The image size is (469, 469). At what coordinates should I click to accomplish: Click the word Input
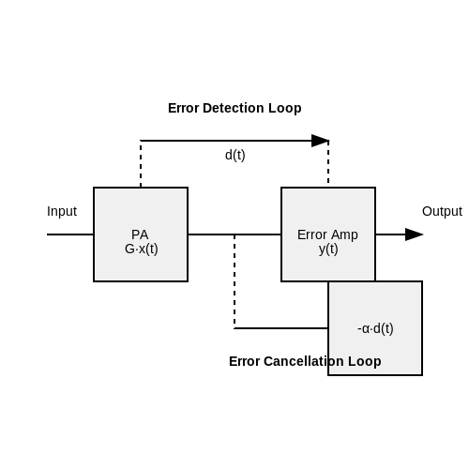point(62,212)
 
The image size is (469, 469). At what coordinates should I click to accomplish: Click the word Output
point(442,212)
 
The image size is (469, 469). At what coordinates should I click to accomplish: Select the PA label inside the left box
point(140,234)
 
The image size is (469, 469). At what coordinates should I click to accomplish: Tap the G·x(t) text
point(142,250)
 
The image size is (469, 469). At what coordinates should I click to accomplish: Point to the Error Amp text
point(327,234)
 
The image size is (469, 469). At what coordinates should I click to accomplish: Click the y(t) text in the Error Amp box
point(328,250)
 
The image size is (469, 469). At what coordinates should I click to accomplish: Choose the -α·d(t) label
point(375,328)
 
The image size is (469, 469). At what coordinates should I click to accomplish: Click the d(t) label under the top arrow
point(235,155)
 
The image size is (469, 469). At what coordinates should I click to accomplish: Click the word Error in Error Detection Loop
point(184,108)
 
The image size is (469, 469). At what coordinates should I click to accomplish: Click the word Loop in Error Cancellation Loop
point(364,362)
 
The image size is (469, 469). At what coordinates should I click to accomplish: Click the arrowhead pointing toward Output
point(414,234)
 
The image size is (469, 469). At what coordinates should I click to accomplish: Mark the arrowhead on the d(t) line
point(320,141)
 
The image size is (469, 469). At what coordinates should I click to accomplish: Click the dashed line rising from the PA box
point(141,164)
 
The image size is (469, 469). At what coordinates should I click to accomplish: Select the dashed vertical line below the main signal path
point(234,281)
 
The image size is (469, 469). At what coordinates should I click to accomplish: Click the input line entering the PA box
point(70,234)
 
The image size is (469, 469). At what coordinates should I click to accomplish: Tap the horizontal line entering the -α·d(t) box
point(281,328)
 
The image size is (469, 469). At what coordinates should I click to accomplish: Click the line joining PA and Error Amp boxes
point(234,234)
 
